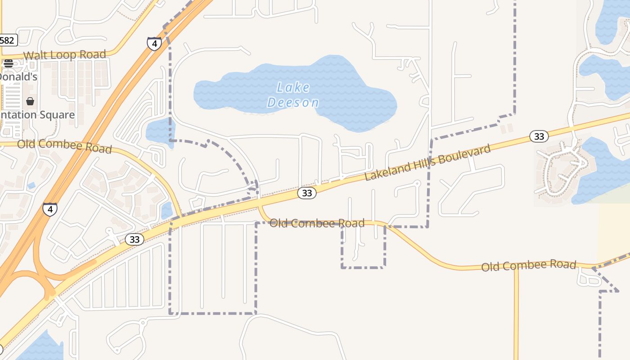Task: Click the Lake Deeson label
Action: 293,94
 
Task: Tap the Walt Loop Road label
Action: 65,55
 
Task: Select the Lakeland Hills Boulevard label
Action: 427,162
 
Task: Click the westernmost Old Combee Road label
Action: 64,146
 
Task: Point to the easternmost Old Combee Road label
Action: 529,265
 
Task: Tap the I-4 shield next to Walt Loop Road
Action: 154,44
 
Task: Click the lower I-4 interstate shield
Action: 50,209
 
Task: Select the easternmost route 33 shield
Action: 539,136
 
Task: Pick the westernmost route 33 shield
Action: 135,239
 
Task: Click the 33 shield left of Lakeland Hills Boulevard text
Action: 307,193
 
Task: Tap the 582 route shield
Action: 7,40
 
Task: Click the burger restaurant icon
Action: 9,63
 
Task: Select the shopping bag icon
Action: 30,101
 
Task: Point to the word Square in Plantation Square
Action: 57,115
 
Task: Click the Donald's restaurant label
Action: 18,77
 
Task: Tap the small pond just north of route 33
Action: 166,210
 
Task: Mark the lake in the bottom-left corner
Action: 43,347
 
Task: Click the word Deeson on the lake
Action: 293,103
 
